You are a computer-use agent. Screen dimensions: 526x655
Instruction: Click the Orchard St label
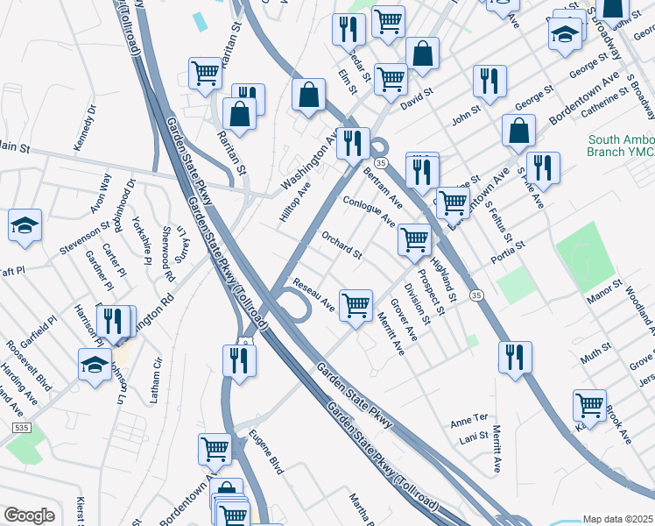[342, 245]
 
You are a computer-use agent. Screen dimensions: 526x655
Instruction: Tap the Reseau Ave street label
[314, 295]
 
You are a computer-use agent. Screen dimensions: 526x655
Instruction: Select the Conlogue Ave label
[370, 210]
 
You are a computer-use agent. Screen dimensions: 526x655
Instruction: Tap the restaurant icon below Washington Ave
[352, 143]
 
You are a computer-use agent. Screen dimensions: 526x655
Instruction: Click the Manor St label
[604, 287]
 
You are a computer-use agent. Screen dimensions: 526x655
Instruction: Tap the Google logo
[30, 515]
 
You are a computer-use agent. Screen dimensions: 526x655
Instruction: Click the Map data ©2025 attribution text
[617, 519]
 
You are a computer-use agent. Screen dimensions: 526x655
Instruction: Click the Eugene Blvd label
[266, 453]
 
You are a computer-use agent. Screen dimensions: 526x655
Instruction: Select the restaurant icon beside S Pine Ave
[543, 167]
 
